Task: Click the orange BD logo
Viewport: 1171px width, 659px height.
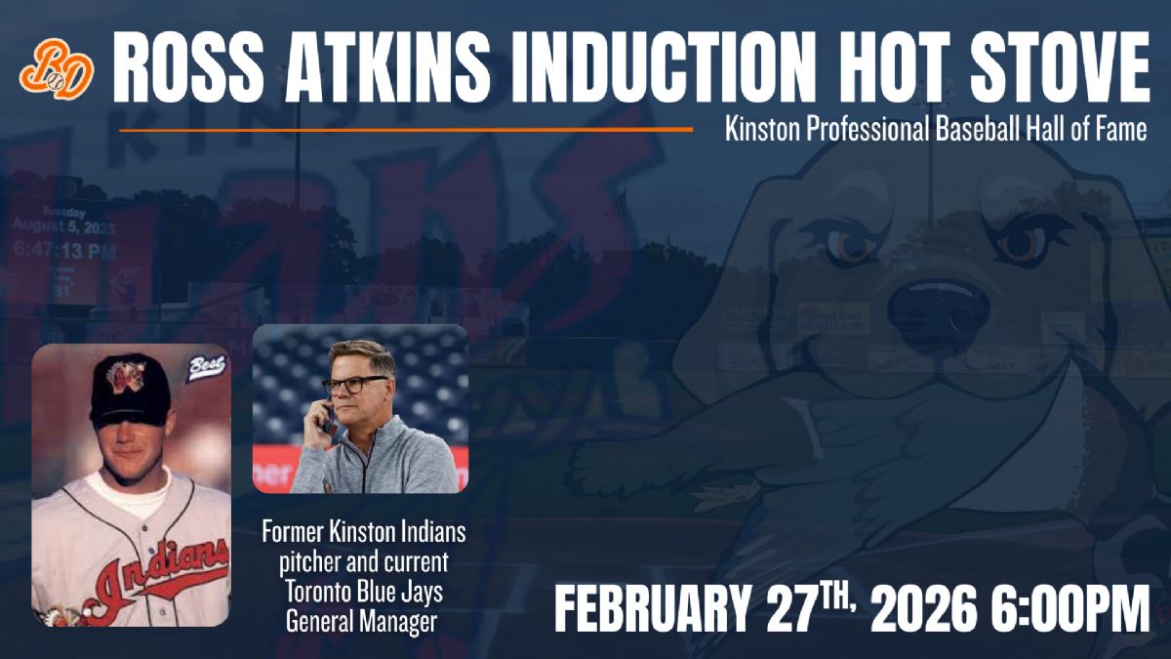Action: pos(57,68)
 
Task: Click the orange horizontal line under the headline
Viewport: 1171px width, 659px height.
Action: pos(405,129)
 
